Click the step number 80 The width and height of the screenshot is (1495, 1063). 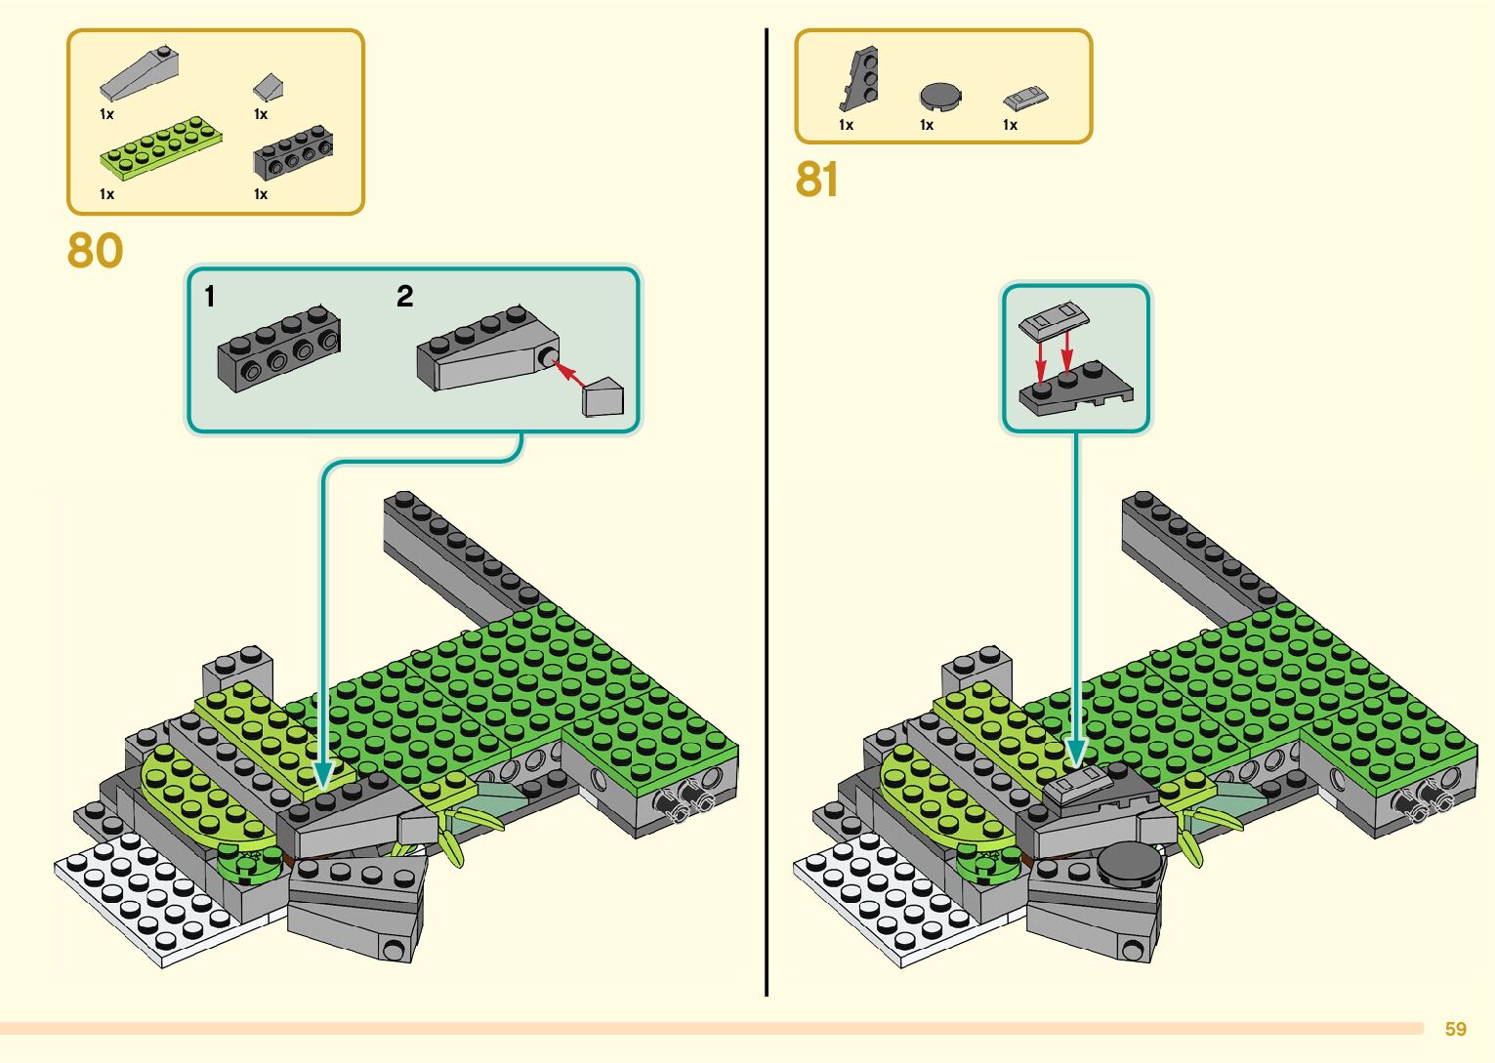click(x=95, y=251)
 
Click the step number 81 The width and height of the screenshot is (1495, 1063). click(x=816, y=180)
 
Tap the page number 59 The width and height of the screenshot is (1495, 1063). click(x=1455, y=1029)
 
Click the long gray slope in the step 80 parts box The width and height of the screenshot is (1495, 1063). click(x=140, y=74)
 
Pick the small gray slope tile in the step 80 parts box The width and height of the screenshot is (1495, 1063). click(x=269, y=88)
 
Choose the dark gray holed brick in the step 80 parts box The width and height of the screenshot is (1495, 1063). click(x=293, y=153)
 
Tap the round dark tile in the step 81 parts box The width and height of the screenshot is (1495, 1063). click(x=940, y=96)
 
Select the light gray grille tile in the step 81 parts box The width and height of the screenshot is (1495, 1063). click(x=1024, y=98)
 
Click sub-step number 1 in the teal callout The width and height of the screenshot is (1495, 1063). click(x=210, y=296)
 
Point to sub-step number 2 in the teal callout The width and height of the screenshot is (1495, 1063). click(x=404, y=296)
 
